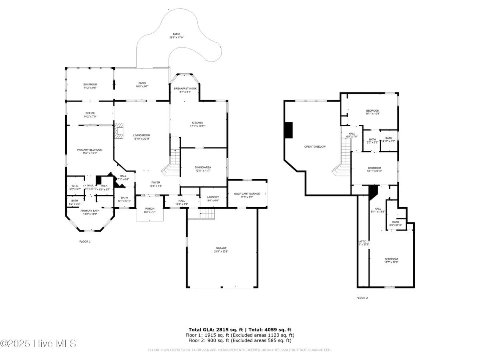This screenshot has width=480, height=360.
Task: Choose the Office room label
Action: click(90, 114)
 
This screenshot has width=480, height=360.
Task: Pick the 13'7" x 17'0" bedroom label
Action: click(391, 260)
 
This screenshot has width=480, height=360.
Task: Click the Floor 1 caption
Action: click(85, 242)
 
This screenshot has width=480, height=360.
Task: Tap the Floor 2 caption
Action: click(362, 298)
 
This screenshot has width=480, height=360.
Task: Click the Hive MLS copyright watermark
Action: click(38, 343)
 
